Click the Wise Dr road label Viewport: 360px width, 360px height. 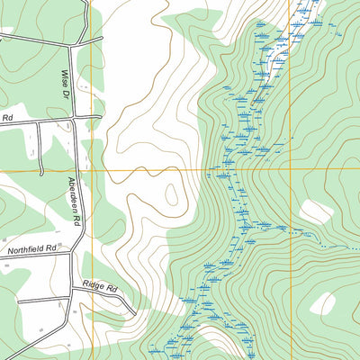[x=66, y=80]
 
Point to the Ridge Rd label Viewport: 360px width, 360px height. [x=100, y=287]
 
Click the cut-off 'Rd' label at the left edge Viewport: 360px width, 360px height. [x=6, y=118]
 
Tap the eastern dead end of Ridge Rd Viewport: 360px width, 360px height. [x=135, y=314]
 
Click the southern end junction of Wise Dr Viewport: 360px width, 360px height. [x=74, y=118]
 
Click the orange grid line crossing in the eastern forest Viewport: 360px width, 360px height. [x=290, y=169]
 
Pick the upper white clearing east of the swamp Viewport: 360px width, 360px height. [x=316, y=213]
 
